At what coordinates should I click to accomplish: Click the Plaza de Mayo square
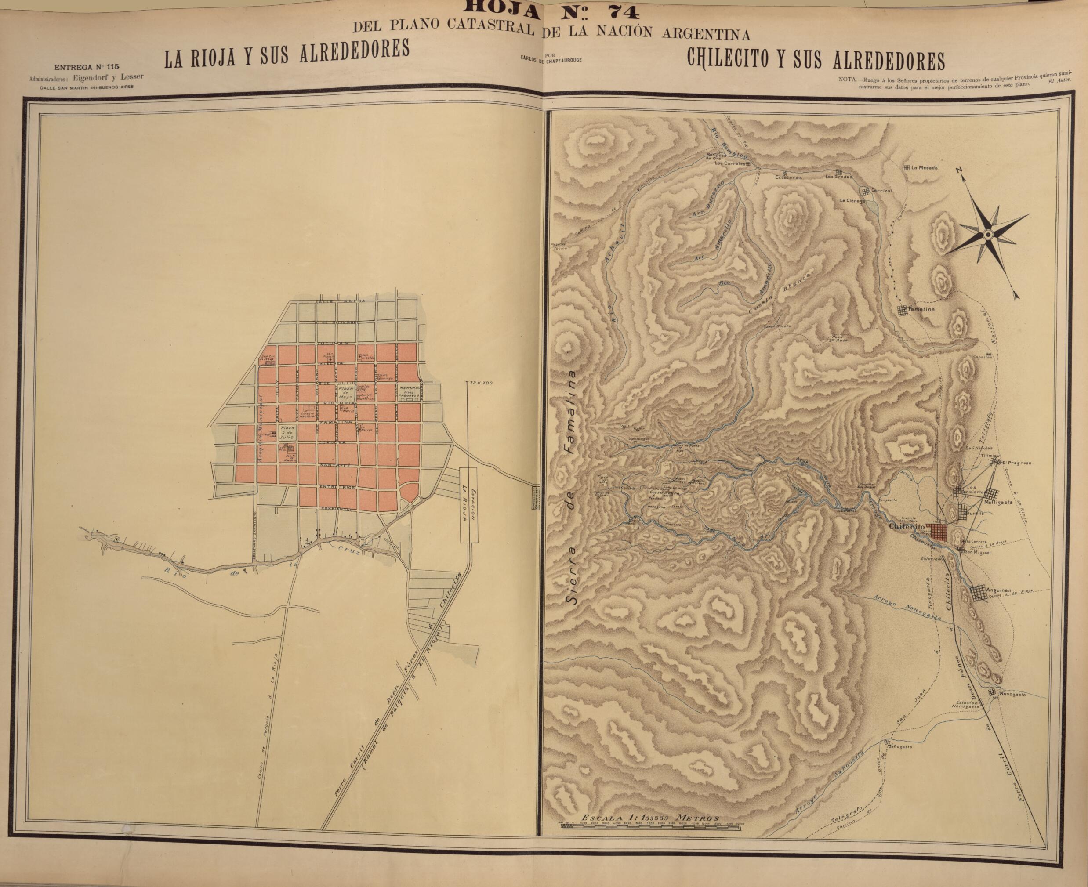(344, 392)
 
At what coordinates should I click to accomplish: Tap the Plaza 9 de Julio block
(286, 433)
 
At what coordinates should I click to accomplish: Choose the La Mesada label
(925, 167)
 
